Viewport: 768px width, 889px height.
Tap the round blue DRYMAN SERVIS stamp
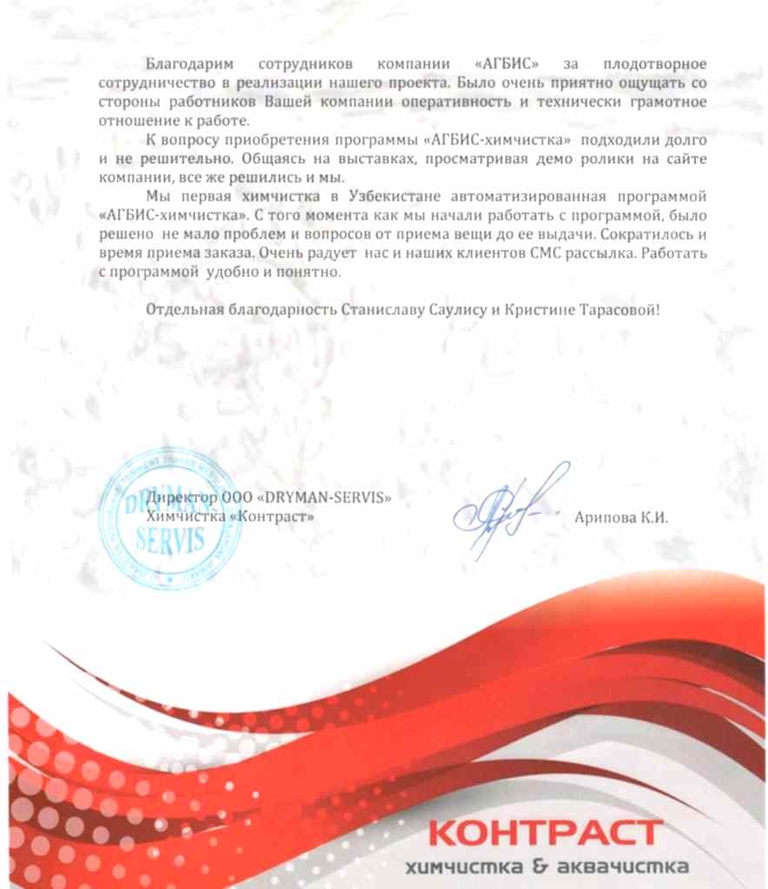(170, 519)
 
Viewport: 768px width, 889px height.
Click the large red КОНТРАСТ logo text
(546, 833)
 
